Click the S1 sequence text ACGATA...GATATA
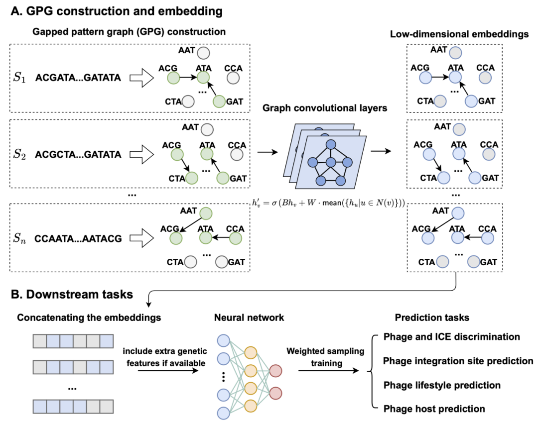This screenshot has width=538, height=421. [78, 78]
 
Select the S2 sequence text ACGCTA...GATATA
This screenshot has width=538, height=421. [78, 155]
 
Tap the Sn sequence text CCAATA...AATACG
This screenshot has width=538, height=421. [78, 238]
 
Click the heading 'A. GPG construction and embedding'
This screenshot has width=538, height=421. [117, 11]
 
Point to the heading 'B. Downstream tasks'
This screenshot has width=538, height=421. [72, 295]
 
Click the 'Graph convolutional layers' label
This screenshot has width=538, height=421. [325, 108]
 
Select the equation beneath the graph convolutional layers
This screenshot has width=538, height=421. [328, 203]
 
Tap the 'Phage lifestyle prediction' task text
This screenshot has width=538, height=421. [442, 385]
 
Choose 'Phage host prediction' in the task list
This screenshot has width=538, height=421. [434, 409]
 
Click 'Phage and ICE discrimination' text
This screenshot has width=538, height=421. [451, 337]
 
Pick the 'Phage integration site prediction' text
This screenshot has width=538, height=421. [458, 361]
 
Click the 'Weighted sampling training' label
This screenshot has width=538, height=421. [326, 357]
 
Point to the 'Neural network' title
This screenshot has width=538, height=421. [249, 318]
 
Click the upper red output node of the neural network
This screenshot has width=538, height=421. [275, 371]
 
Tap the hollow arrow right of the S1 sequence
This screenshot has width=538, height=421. [141, 78]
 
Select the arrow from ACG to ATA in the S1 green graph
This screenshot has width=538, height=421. [188, 78]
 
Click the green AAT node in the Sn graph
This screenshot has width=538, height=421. [206, 213]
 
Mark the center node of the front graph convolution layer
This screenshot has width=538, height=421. [331, 162]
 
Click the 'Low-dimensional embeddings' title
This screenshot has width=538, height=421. [459, 34]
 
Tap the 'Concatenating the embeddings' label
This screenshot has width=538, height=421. [89, 318]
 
